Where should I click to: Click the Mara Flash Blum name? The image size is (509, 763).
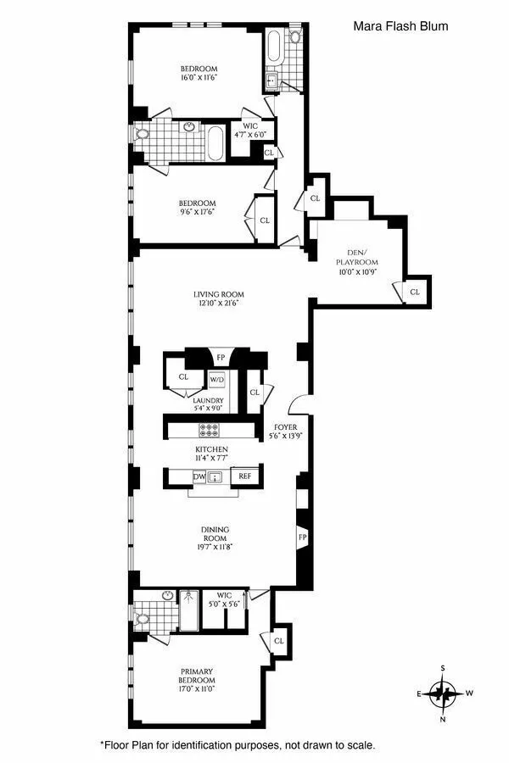[x=400, y=26]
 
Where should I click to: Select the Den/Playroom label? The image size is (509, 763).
[x=355, y=256]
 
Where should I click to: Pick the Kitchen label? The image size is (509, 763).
[x=212, y=449]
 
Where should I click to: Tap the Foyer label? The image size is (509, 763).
[x=282, y=427]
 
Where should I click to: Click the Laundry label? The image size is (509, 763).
[x=208, y=401]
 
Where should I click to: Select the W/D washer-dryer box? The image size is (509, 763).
[x=217, y=380]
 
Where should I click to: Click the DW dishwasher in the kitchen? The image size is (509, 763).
[x=199, y=477]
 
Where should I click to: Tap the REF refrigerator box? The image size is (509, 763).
[x=246, y=477]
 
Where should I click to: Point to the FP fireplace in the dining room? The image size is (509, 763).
[x=301, y=537]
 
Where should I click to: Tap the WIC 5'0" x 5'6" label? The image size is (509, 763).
[x=224, y=599]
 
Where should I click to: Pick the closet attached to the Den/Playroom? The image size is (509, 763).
[x=414, y=292]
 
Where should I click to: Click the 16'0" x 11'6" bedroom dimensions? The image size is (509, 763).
[x=199, y=77]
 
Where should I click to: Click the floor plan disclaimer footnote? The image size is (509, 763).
[x=237, y=744]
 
